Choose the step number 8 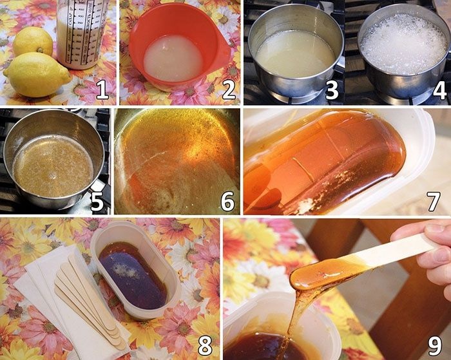(x=204, y=345)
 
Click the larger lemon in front (x=37, y=75)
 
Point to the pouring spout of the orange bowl (x=224, y=55)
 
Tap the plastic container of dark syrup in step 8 (x=135, y=270)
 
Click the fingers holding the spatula (x=430, y=248)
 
